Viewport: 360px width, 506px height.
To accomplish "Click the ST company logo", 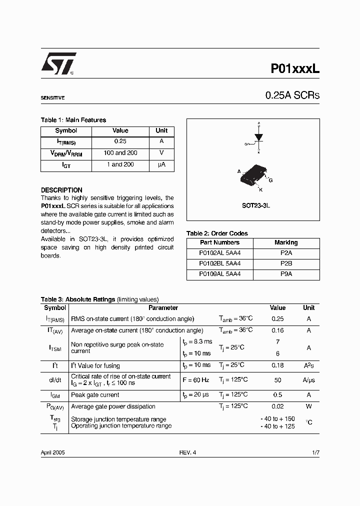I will point(58,64).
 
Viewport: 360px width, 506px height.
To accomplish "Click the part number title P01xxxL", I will point(294,68).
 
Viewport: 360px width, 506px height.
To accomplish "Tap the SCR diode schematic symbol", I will point(258,137).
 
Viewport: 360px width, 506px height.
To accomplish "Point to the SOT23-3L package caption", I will point(252,205).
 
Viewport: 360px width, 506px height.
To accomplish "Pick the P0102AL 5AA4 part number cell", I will point(219,253).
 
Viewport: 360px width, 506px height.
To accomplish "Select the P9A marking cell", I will point(286,274).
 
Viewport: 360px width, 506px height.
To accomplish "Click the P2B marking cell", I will point(286,263).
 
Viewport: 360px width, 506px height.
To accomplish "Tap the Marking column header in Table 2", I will point(286,242).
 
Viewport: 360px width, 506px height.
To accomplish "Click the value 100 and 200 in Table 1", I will point(120,153).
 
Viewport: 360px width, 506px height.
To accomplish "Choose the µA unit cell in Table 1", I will point(161,164).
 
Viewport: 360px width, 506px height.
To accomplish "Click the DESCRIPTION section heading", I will point(61,190).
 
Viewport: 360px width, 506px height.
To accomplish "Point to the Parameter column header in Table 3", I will point(163,308).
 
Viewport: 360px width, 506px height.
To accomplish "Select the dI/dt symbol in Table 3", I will point(54,380).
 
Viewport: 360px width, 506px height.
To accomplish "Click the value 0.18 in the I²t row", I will point(277,365).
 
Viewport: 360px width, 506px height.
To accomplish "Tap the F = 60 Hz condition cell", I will point(196,380).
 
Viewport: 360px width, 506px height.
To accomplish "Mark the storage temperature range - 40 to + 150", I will point(277,418).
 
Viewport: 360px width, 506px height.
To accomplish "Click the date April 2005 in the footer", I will point(52,452).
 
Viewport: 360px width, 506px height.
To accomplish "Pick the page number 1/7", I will point(315,452).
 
